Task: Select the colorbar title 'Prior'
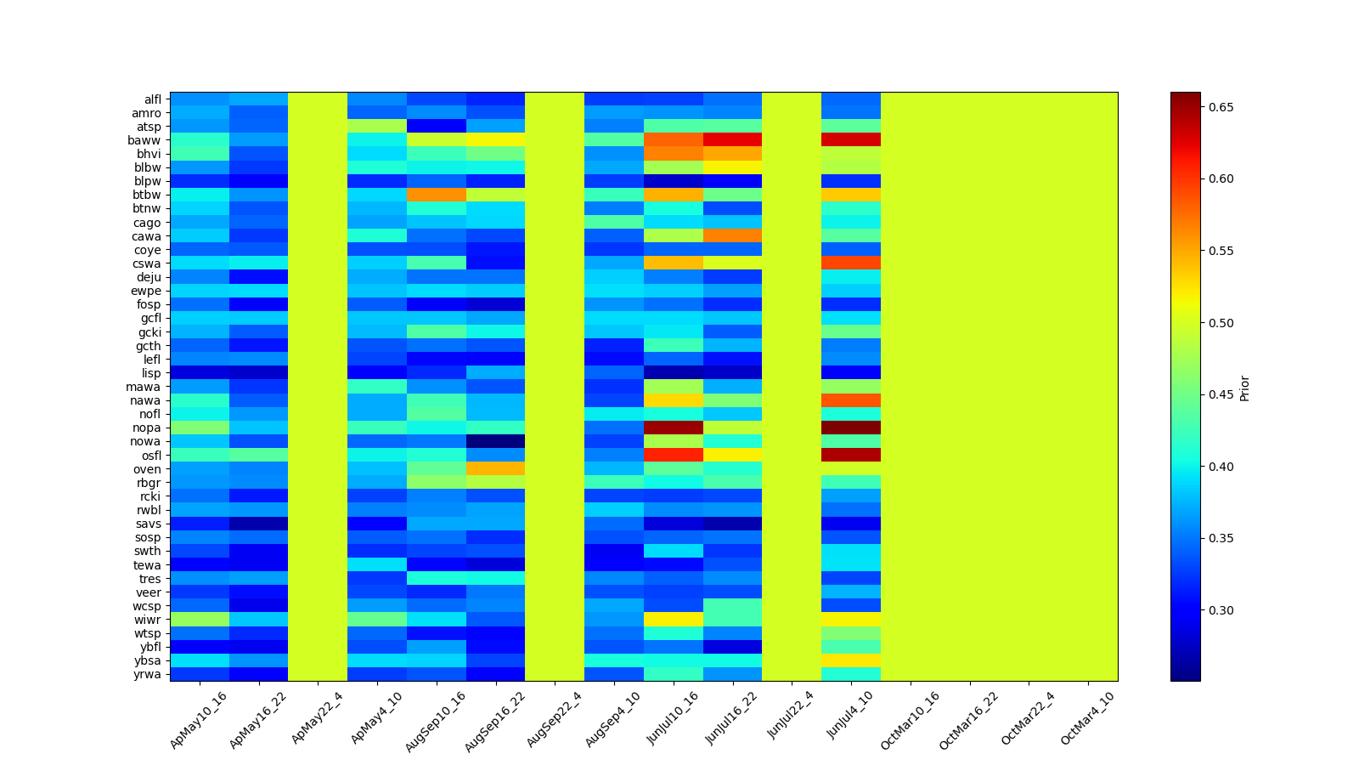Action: (1245, 388)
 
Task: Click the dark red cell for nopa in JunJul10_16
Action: (674, 428)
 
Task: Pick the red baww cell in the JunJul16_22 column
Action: (732, 140)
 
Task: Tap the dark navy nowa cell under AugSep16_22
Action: (495, 441)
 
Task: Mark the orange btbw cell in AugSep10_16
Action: (437, 195)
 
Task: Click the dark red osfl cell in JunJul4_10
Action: (851, 455)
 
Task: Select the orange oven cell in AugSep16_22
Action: (495, 468)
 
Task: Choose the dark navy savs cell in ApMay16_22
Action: (258, 524)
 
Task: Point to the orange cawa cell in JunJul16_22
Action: (732, 235)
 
